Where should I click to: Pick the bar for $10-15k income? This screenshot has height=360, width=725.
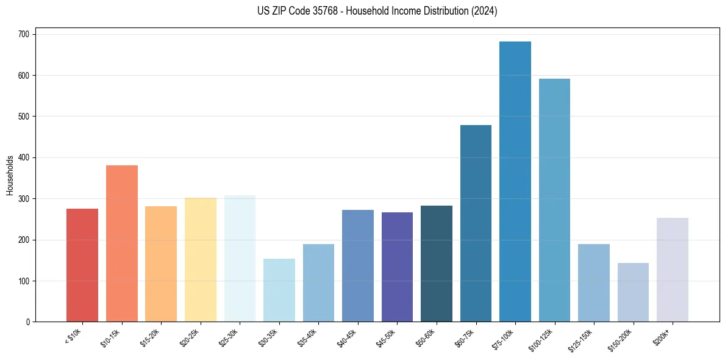(122, 243)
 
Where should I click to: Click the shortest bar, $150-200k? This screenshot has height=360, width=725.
(633, 292)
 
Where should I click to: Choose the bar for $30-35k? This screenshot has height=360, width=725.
(279, 290)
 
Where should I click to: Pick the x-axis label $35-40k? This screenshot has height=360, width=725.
(307, 337)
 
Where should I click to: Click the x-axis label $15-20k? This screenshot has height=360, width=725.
(150, 337)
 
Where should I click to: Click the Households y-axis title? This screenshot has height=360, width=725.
(10, 175)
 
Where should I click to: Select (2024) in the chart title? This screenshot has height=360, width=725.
(484, 11)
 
